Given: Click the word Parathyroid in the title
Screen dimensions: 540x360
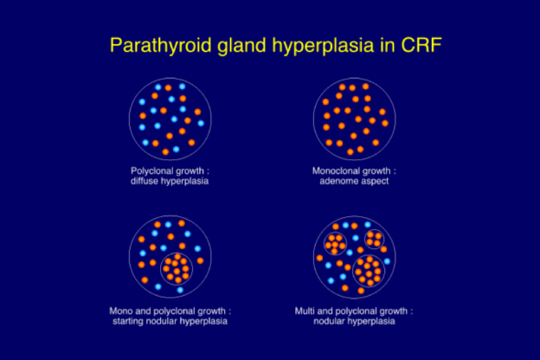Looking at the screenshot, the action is point(160,46).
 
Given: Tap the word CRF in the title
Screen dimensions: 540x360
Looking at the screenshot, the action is point(421,45).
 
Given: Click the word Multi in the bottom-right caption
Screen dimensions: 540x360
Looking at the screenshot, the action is point(305,311).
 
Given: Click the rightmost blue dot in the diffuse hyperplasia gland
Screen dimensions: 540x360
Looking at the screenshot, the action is point(201,123).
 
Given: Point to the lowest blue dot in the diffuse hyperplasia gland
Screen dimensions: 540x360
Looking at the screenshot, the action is point(176,149).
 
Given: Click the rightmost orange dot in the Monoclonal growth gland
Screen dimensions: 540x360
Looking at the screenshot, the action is point(385,123).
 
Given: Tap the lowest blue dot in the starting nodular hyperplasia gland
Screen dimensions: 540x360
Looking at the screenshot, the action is point(180,290).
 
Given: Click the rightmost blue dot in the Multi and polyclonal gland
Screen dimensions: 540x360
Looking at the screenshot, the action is point(387,261).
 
